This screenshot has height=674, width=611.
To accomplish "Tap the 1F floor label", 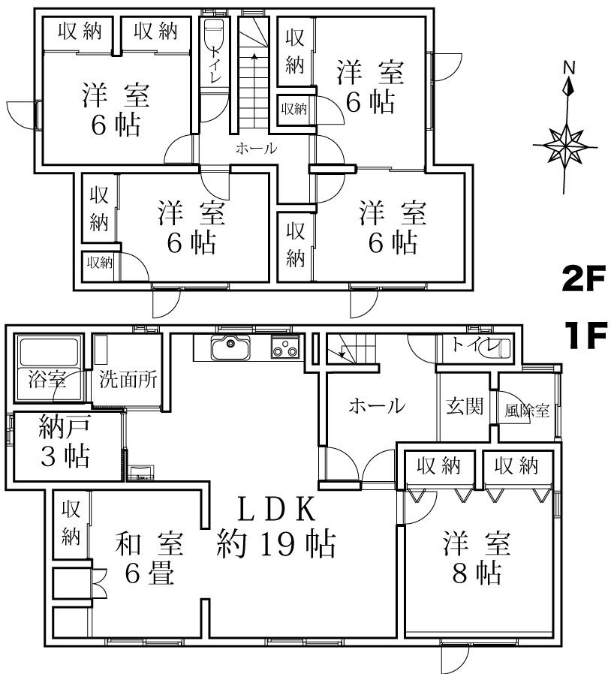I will pyautogui.click(x=583, y=336).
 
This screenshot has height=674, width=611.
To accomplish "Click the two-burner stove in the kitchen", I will pyautogui.click(x=284, y=349).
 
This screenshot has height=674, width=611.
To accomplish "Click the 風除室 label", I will pyautogui.click(x=527, y=411).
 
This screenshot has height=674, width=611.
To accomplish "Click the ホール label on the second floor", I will pyautogui.click(x=257, y=149).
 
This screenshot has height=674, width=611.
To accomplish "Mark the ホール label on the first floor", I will pyautogui.click(x=378, y=406).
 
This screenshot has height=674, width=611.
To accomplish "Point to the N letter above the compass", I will pyautogui.click(x=569, y=67).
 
